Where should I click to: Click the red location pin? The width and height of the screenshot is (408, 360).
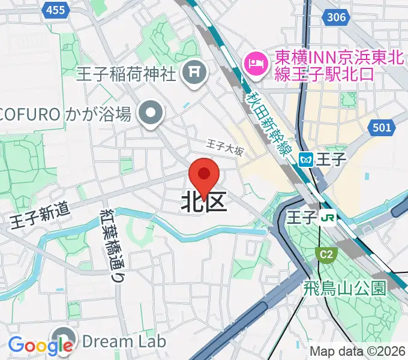point(204,176)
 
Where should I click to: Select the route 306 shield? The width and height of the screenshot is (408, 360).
point(337,17)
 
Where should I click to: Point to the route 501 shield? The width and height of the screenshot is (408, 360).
point(381,127)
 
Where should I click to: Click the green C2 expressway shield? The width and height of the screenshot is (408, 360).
point(325,255)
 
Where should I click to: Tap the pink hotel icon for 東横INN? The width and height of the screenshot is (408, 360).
point(256,61)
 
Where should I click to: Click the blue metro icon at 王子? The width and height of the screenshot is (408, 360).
point(307,159)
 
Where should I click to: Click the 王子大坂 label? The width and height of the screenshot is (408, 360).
point(225,147)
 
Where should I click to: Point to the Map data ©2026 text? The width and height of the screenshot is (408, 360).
point(358,352)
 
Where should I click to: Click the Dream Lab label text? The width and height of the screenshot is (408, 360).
point(123,341)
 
